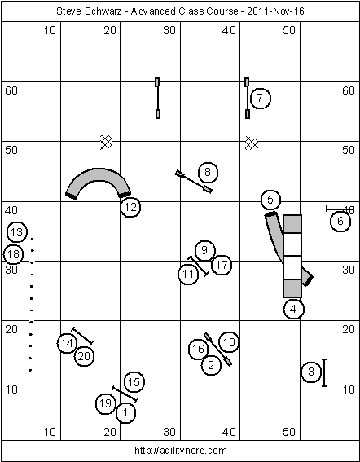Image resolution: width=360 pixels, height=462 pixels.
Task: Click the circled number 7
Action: tap(260, 98)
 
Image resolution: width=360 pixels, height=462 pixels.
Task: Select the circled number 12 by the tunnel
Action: tap(130, 207)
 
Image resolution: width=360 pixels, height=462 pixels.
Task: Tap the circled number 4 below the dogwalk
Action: tap(293, 309)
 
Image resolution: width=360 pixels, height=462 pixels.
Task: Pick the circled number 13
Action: tap(17, 232)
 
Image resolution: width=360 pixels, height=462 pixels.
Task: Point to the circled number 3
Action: tap(311, 372)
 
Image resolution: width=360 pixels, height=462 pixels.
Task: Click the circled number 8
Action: tap(208, 172)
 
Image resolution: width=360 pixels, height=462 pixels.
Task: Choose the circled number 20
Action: tap(84, 356)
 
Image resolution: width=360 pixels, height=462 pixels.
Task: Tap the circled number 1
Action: tap(125, 413)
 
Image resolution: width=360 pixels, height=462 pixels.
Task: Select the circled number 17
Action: tap(222, 265)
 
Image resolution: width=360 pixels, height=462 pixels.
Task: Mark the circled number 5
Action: tap(270, 200)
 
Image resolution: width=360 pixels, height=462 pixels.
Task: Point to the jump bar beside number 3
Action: tap(324, 372)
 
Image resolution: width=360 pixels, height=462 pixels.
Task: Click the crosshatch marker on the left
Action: tap(106, 143)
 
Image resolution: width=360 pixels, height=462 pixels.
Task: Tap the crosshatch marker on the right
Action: tap(252, 143)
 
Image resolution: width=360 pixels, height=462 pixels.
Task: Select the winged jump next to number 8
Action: tap(194, 182)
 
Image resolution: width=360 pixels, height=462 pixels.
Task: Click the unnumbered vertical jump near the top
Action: tap(158, 98)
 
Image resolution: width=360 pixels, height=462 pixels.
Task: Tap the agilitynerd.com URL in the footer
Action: tap(181, 451)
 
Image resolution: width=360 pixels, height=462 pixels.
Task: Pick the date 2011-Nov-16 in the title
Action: tap(275, 11)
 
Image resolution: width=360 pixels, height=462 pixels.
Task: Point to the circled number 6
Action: tap(340, 222)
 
